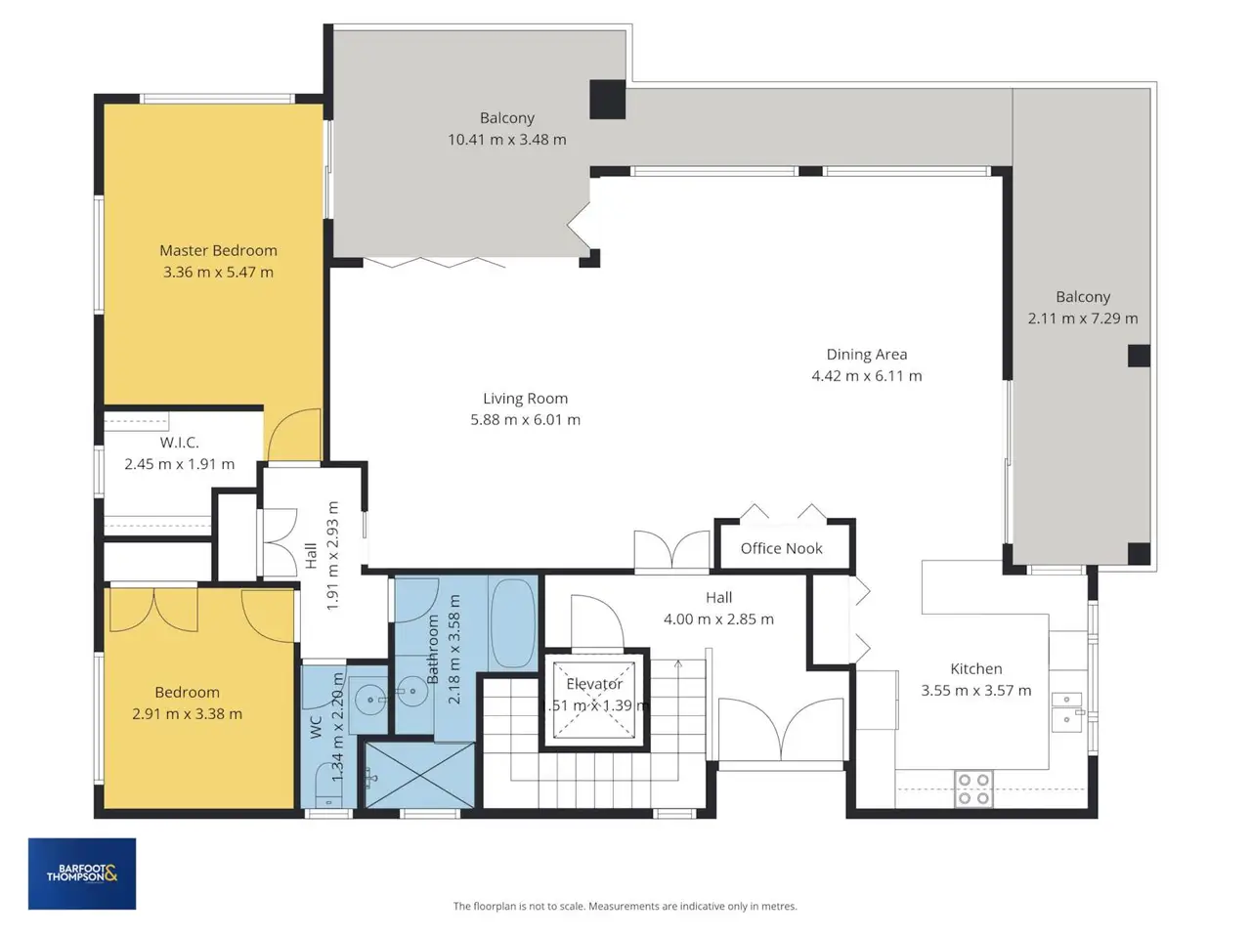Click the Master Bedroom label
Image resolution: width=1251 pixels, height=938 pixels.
(218, 250)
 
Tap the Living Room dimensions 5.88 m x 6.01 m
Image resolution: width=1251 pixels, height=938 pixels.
(525, 420)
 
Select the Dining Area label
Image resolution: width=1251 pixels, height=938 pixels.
(866, 355)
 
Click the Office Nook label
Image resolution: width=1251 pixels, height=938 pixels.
(781, 548)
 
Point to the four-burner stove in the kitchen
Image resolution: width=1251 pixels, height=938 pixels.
(973, 789)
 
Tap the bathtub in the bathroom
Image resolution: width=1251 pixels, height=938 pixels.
(513, 623)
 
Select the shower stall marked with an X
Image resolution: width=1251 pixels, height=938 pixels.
(419, 775)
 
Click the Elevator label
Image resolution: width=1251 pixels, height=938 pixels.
(594, 684)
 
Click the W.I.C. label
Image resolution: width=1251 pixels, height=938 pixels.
(180, 443)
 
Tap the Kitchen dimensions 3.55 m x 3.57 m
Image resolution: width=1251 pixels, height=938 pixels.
(975, 691)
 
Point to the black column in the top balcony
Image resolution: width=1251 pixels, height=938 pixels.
(608, 100)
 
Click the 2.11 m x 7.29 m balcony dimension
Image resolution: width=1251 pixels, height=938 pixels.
(1083, 319)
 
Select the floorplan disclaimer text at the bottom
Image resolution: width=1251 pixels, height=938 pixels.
(625, 906)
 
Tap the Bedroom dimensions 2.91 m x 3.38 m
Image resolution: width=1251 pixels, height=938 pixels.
(187, 714)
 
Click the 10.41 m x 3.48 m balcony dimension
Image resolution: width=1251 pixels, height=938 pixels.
(506, 140)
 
